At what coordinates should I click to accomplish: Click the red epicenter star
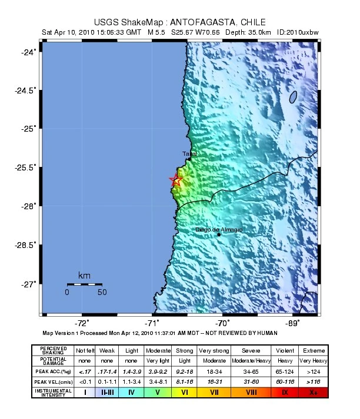pos(175,180)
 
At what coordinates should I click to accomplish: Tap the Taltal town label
pos(189,154)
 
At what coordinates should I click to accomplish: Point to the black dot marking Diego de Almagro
pos(219,234)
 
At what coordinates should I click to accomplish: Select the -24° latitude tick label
pos(28,52)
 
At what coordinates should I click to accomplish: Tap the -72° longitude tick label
pos(82,323)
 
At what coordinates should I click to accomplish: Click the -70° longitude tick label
pos(222,323)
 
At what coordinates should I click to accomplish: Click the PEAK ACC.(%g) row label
pos(54,371)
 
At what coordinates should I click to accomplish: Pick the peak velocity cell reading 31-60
pos(242,381)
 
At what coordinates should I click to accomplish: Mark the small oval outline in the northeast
pos(292,97)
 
